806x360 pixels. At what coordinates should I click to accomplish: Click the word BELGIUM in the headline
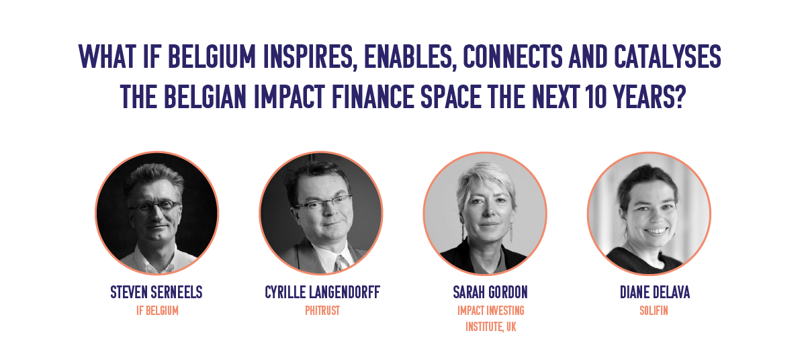pyautogui.click(x=212, y=56)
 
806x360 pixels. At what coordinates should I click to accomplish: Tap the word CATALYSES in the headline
pyautogui.click(x=668, y=56)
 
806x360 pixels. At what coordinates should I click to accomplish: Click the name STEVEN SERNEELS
pyautogui.click(x=156, y=292)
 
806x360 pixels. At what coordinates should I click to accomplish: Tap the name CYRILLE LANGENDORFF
pyautogui.click(x=322, y=292)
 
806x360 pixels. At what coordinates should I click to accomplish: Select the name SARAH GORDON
pyautogui.click(x=490, y=292)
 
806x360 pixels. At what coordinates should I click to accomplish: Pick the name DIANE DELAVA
pyautogui.click(x=655, y=292)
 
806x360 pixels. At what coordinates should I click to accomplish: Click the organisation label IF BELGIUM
pyautogui.click(x=157, y=310)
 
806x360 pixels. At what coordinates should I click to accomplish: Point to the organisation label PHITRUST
pyautogui.click(x=322, y=310)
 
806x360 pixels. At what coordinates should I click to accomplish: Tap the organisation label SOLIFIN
pyautogui.click(x=654, y=310)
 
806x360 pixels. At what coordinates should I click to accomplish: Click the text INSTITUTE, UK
pyautogui.click(x=491, y=327)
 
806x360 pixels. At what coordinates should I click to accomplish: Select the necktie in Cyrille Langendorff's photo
pyautogui.click(x=339, y=264)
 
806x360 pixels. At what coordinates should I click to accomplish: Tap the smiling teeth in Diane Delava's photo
pyautogui.click(x=656, y=231)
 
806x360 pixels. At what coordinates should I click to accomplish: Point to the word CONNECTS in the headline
pyautogui.click(x=512, y=56)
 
